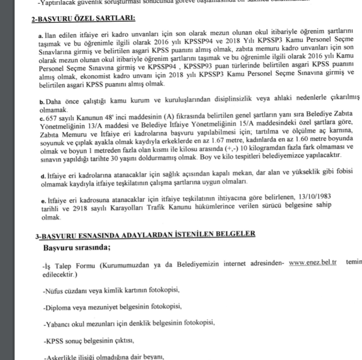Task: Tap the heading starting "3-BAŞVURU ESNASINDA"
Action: (x=145, y=235)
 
